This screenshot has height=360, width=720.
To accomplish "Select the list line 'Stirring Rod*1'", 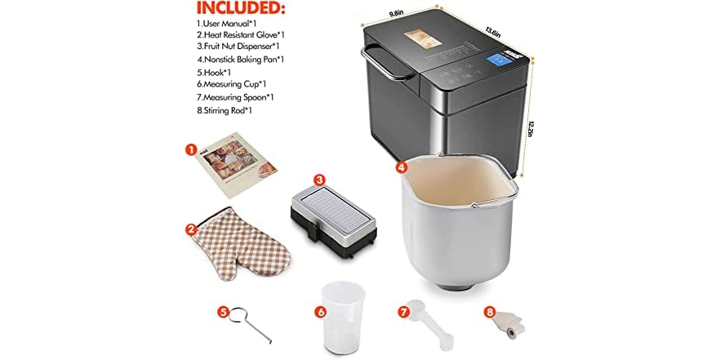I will tap(217, 110).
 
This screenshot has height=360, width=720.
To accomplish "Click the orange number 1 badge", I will tap(191, 150).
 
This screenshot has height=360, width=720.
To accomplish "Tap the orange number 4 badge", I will tap(401, 167).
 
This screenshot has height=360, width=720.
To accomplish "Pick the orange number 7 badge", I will tap(402, 311).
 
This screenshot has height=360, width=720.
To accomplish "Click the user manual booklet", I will tap(236, 168).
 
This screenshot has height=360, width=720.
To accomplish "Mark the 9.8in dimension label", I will tap(398, 13).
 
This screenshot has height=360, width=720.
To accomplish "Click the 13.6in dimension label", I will tap(492, 32).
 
